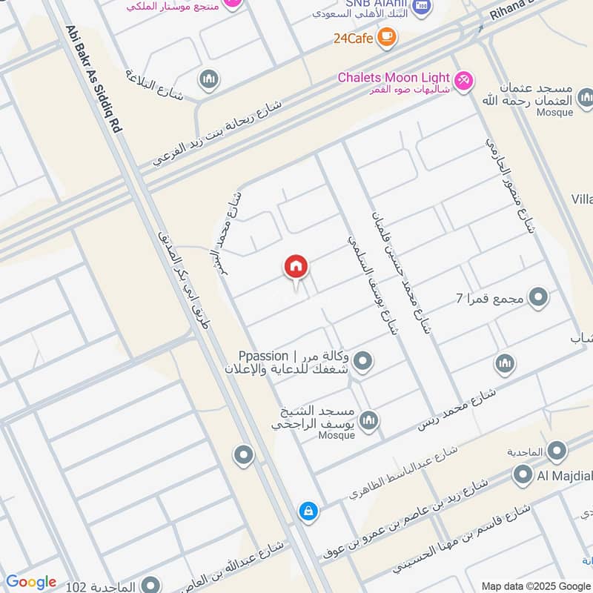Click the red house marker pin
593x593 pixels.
(x=296, y=268)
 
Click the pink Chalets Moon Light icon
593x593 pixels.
(x=463, y=78)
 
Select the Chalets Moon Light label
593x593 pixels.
(x=394, y=77)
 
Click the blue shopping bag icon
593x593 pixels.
(x=307, y=511)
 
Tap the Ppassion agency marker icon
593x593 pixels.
(x=362, y=362)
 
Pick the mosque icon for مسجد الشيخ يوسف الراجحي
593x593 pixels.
(x=370, y=420)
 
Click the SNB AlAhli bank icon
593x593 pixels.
(x=420, y=7)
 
